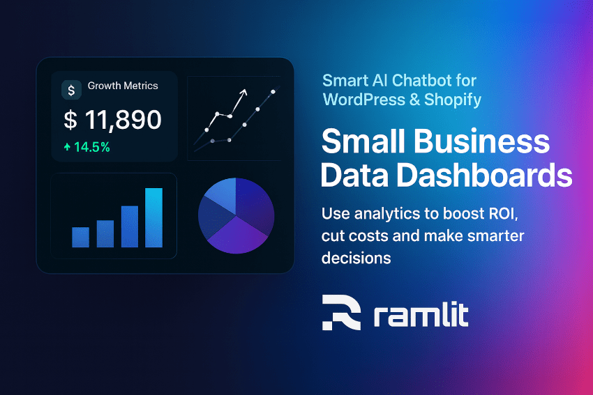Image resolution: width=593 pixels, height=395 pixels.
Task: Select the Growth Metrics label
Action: (x=123, y=86)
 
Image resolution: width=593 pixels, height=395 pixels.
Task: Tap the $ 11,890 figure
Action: (x=112, y=120)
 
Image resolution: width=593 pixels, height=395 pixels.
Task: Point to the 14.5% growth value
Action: (x=92, y=147)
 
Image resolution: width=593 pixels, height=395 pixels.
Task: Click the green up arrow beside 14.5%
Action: (x=67, y=147)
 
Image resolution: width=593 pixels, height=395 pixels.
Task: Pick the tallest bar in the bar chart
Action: (x=153, y=217)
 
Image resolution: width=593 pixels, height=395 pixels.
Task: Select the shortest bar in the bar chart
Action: (x=80, y=237)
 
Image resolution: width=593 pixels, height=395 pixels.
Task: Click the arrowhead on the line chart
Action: (x=243, y=91)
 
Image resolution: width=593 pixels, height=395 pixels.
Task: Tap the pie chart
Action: (x=236, y=215)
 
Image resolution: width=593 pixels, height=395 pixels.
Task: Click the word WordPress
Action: (x=361, y=100)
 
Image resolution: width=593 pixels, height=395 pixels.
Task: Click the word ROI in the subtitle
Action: (x=511, y=212)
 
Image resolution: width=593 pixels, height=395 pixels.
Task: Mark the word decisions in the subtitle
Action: (x=356, y=258)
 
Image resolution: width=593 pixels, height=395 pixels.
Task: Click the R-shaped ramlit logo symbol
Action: (x=341, y=312)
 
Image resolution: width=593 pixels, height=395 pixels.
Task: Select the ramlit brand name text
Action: (x=421, y=315)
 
